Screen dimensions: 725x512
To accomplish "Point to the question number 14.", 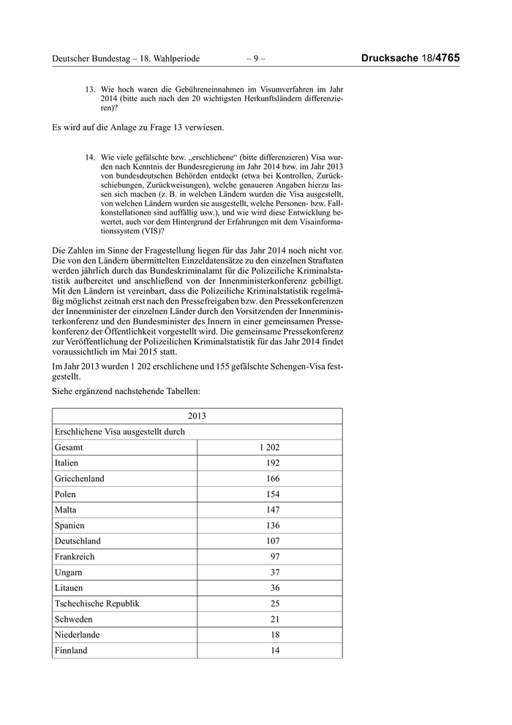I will (91, 157).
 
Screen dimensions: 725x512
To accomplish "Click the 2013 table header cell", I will (197, 416).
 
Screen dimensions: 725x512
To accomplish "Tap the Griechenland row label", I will (79, 478).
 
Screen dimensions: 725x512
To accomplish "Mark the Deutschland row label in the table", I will (78, 540).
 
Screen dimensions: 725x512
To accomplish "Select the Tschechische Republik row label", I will (97, 603).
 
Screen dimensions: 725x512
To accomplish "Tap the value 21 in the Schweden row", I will (274, 619).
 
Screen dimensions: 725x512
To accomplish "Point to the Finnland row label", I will (71, 650).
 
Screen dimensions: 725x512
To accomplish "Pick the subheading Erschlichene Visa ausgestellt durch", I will (120, 431).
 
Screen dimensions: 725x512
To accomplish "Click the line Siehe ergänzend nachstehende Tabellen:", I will (121, 393).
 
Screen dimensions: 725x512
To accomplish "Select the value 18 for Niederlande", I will (274, 634).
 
